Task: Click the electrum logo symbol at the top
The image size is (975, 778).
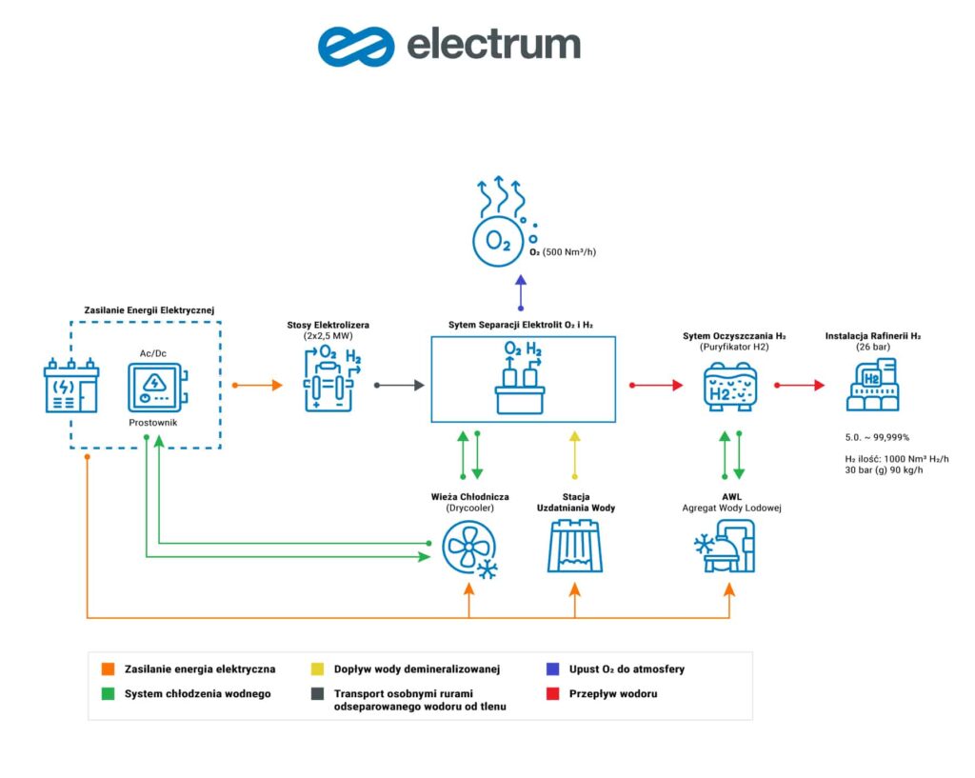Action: (355, 45)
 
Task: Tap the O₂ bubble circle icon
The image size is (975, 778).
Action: (499, 241)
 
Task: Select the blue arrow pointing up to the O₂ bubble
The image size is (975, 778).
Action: (520, 291)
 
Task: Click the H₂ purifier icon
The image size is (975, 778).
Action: (730, 387)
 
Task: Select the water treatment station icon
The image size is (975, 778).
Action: (574, 548)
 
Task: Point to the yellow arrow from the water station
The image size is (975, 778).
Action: (573, 455)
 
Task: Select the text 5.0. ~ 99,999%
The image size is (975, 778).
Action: (877, 437)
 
